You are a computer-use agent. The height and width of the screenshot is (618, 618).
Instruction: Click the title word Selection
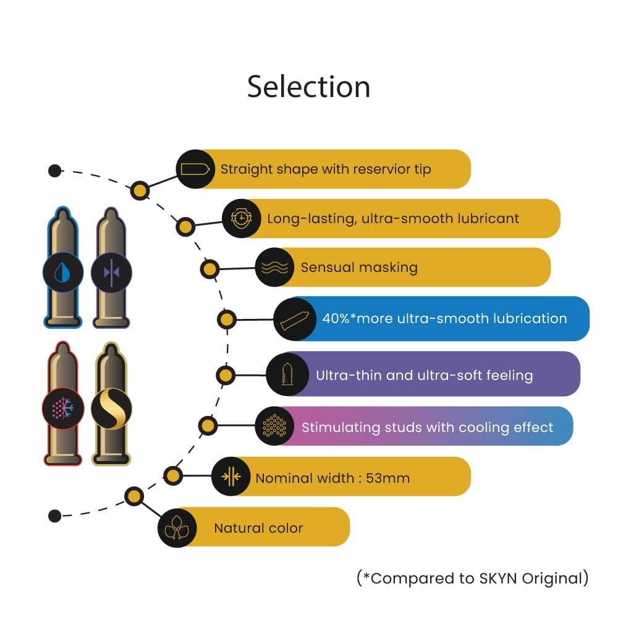click(308, 87)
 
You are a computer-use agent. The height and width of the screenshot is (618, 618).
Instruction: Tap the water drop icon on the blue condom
click(62, 273)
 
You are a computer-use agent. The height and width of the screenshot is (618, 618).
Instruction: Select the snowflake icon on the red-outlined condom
click(62, 408)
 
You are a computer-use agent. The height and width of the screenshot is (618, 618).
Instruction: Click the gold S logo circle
click(111, 408)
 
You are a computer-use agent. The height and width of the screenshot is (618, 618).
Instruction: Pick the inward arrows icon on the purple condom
click(111, 273)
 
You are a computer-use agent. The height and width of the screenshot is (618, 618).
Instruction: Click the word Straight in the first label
click(247, 169)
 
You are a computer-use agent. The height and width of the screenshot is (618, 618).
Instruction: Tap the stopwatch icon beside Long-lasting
click(241, 218)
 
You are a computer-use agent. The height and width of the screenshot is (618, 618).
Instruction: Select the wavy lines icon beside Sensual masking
click(275, 268)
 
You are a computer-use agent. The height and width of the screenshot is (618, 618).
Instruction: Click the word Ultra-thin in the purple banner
click(349, 375)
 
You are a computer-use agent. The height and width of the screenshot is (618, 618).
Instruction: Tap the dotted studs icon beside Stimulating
click(274, 426)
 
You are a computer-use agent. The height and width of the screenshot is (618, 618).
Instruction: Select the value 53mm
click(388, 478)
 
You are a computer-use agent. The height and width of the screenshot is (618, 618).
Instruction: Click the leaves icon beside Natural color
click(177, 527)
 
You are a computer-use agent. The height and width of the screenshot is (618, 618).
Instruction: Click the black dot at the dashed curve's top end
click(55, 171)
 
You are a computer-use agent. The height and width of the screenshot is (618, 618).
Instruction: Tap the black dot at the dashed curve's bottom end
click(55, 515)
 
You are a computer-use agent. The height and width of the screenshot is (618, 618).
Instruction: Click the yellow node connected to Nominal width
click(172, 476)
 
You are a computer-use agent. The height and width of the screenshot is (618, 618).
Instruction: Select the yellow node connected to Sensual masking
click(210, 269)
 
